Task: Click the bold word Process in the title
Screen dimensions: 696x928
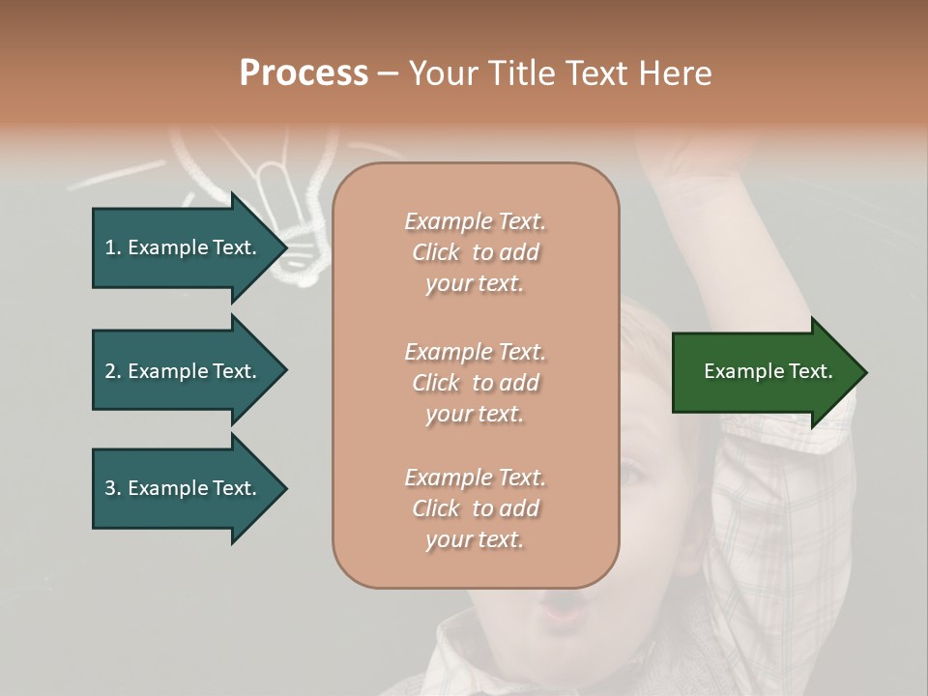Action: pyautogui.click(x=304, y=73)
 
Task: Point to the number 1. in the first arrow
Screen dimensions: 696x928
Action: pyautogui.click(x=113, y=247)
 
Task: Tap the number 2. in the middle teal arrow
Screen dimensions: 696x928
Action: pyautogui.click(x=113, y=371)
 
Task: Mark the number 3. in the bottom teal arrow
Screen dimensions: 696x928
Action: pyautogui.click(x=113, y=488)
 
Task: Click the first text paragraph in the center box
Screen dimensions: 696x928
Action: pyautogui.click(x=475, y=252)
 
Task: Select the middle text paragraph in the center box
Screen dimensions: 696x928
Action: pyautogui.click(x=475, y=383)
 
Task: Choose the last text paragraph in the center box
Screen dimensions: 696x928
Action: pyautogui.click(x=475, y=508)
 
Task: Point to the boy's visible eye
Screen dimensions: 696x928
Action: pyautogui.click(x=633, y=474)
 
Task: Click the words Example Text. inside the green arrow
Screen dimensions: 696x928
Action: pyautogui.click(x=768, y=372)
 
